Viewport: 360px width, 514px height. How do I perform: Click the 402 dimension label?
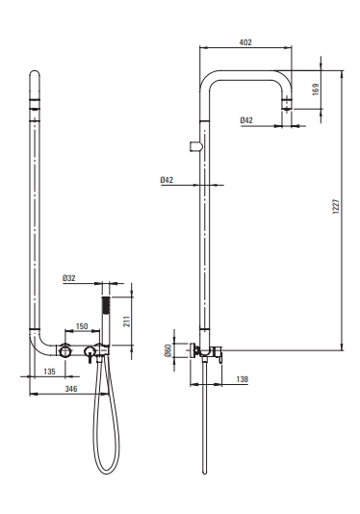(245, 42)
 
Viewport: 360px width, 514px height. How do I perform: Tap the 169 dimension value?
(316, 90)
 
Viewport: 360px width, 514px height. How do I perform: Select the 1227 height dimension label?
(336, 207)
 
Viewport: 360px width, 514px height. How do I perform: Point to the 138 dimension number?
(243, 379)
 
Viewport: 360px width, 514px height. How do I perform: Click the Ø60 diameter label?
(167, 350)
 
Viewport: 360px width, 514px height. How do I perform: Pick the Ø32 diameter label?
(69, 278)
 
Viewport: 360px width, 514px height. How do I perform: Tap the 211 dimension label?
(127, 321)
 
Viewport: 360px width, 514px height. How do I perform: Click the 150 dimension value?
(82, 326)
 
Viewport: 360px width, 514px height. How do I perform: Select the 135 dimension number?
(49, 372)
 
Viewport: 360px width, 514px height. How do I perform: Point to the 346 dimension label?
(71, 389)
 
